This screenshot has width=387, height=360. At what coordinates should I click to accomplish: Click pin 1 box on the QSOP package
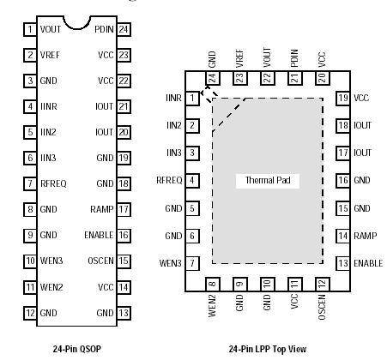[29, 29]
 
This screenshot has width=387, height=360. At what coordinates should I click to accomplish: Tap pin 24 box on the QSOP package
[124, 29]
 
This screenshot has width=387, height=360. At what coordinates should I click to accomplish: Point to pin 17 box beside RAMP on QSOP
[124, 209]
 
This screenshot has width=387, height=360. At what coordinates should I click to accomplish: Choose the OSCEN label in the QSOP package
[100, 261]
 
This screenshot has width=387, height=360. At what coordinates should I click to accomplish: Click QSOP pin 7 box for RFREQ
[29, 183]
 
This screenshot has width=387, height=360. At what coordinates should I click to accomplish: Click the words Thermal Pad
[264, 181]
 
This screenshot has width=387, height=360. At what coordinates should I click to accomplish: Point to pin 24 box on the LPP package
[212, 77]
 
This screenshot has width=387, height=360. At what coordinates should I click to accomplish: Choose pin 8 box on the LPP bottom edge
[212, 284]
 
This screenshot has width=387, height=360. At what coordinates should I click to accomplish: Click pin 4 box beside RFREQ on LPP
[193, 180]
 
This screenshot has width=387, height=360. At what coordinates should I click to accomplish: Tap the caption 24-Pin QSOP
[76, 351]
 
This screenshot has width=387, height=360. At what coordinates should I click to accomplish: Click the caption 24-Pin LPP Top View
[266, 351]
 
